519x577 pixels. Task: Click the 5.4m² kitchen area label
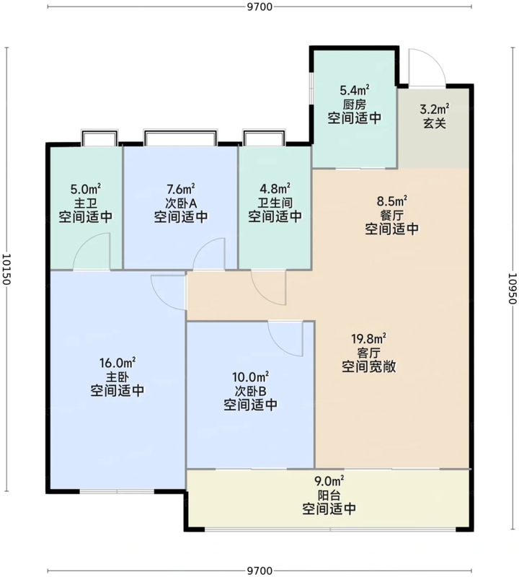[355, 90]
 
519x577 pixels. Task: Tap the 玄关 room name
[435, 123]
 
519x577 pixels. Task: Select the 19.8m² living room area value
[368, 338]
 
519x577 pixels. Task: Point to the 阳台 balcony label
[329, 495]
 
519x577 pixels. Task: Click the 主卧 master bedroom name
[117, 376]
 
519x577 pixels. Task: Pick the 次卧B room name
[250, 391]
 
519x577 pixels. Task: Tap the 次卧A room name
[181, 203]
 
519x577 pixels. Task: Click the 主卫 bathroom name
[86, 203]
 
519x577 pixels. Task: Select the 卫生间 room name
[275, 203]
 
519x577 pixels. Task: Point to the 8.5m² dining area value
[392, 202]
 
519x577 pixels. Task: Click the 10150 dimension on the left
[6, 269]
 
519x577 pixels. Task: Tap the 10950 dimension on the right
[513, 288]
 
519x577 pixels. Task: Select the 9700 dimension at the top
[259, 6]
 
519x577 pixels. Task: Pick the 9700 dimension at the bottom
[259, 571]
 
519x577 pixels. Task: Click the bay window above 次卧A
[180, 137]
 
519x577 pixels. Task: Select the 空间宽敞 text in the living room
[369, 367]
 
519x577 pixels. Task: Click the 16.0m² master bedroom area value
[117, 363]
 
